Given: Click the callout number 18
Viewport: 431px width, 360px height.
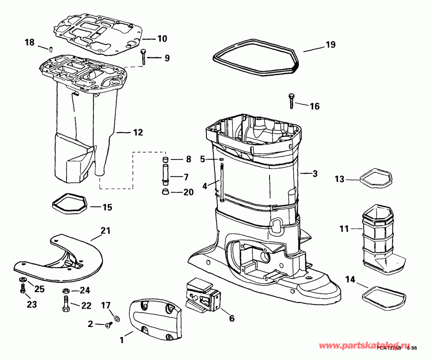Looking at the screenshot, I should pos(29,43).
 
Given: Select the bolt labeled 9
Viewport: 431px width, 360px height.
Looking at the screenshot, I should pos(143,57).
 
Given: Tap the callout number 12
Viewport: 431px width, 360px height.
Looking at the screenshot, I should pos(137,132).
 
